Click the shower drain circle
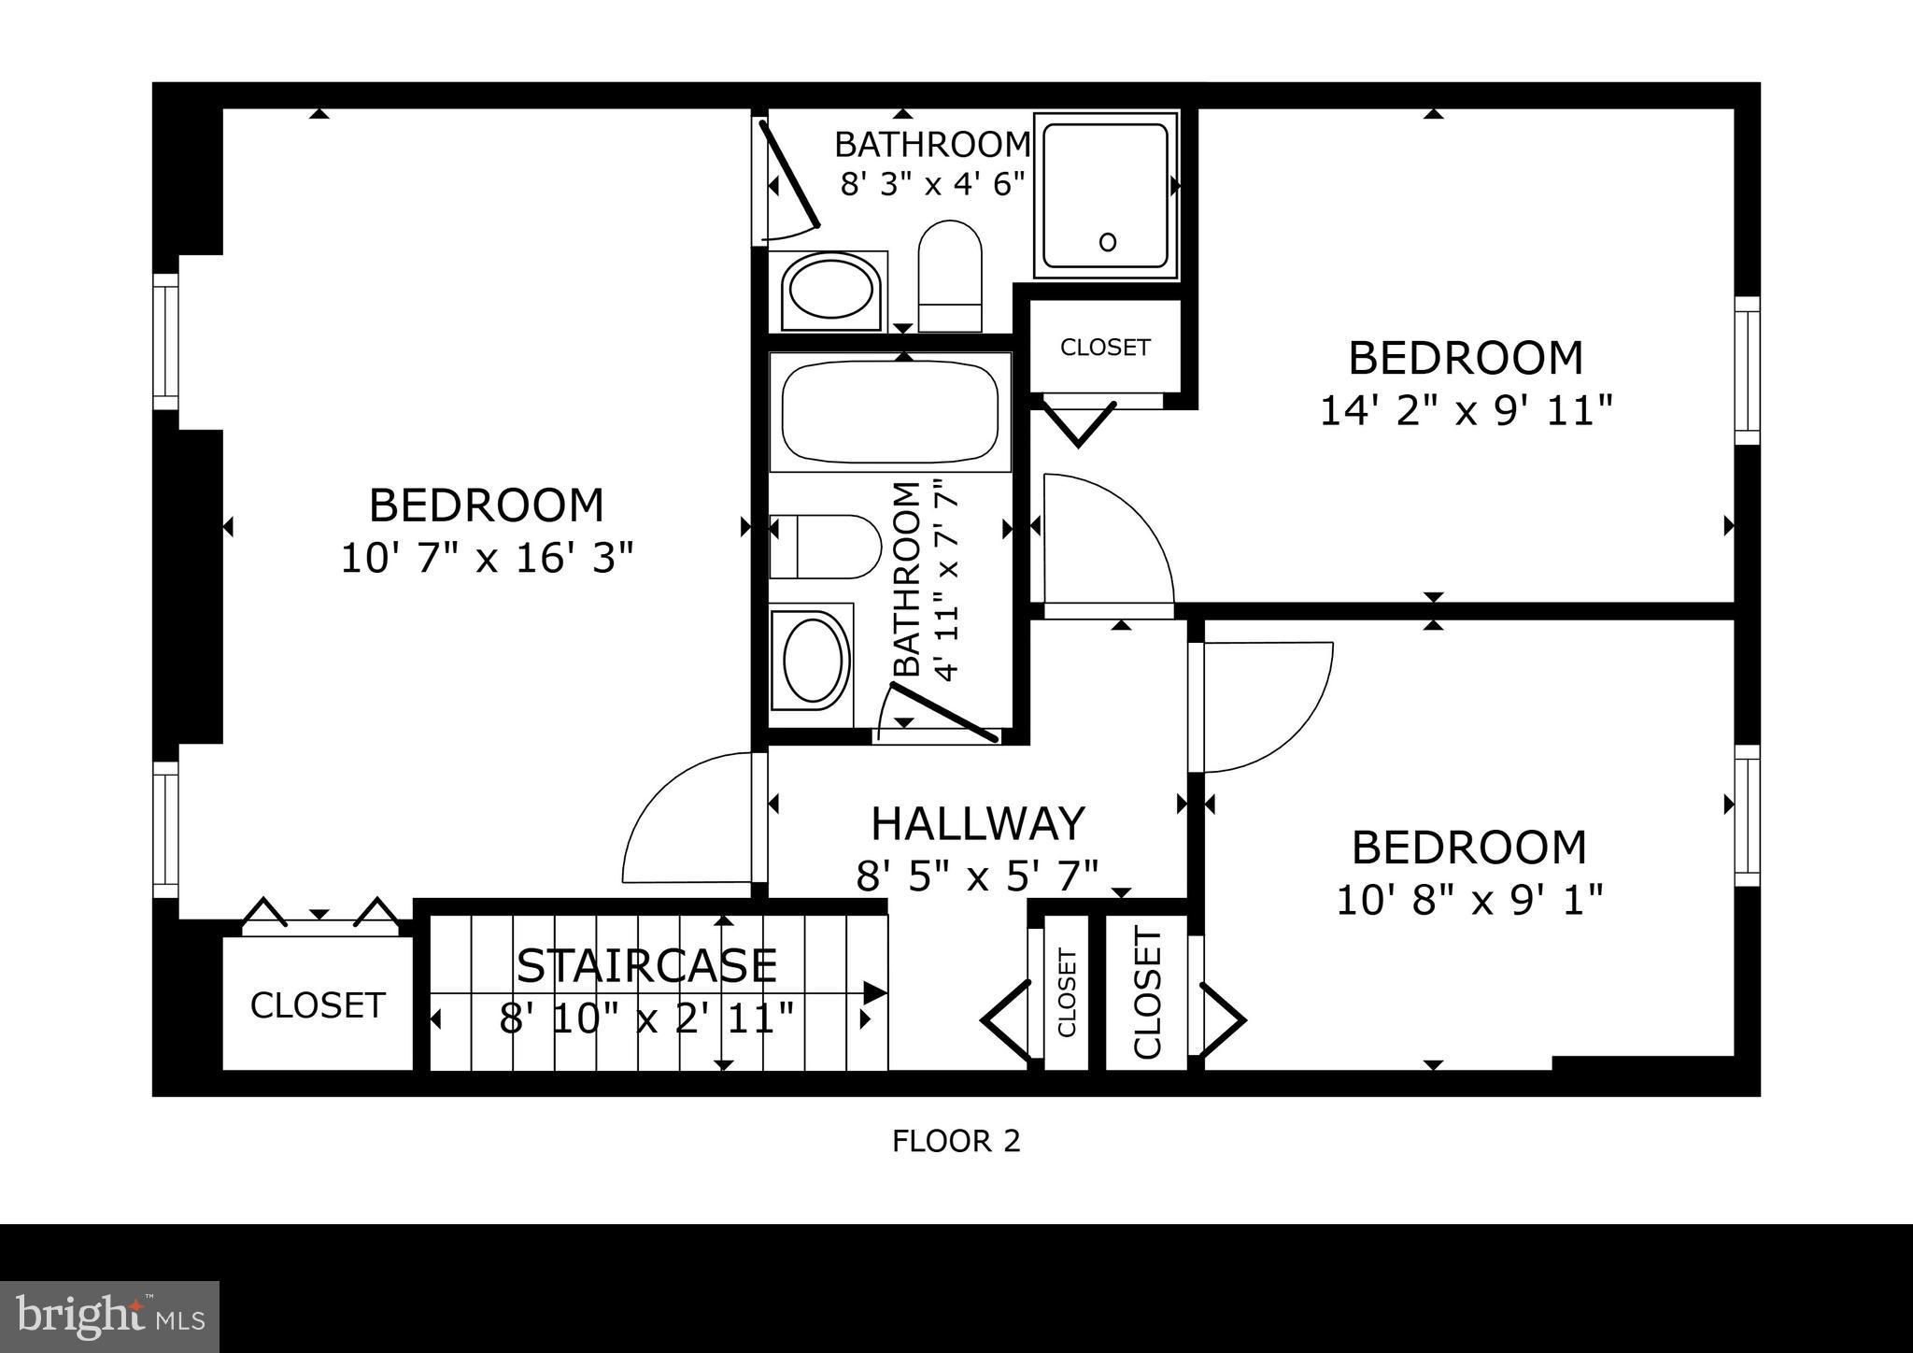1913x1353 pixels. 1108,243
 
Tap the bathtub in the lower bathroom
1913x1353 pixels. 890,412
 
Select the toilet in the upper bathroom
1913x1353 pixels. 950,275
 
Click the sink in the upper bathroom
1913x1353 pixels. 830,289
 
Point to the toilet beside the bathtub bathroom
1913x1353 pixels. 825,547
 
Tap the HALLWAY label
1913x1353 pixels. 977,824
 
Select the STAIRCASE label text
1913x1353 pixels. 646,966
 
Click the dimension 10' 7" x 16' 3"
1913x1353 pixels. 487,559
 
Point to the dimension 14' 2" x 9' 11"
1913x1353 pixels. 1466,410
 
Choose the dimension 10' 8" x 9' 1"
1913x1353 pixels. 1469,900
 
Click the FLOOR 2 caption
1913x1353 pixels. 956,1141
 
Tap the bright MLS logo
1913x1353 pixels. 109,1317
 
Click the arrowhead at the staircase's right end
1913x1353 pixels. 874,993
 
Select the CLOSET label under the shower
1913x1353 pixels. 1104,348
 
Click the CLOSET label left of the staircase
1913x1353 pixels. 318,1005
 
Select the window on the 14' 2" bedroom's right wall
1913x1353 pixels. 1747,370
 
